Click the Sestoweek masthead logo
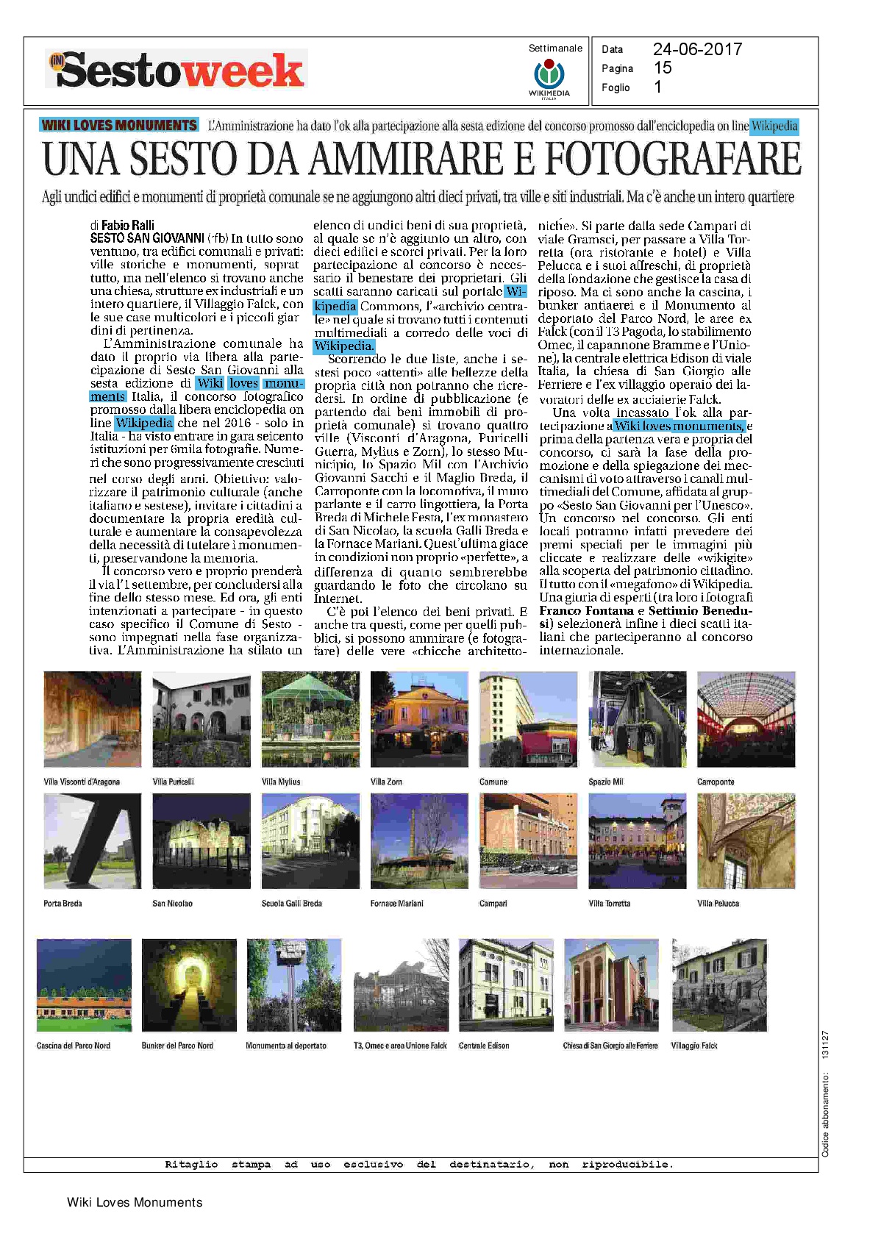coord(176,70)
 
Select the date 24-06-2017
coord(697,49)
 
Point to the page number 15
coord(663,68)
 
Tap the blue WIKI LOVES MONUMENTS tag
coord(119,125)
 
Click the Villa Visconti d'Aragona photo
coord(93,719)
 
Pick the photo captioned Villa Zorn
coord(419,719)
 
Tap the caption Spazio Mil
coord(605,782)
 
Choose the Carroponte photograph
coord(746,719)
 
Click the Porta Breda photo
coord(93,840)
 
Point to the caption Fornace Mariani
coord(396,903)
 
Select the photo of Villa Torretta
coord(637,840)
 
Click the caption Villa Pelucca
coord(718,903)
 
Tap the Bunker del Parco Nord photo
coord(189,985)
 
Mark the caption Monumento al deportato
coord(286,1045)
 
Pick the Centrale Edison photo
coord(506,985)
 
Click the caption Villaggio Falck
coord(693,1045)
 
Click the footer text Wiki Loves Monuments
coord(135,1202)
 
